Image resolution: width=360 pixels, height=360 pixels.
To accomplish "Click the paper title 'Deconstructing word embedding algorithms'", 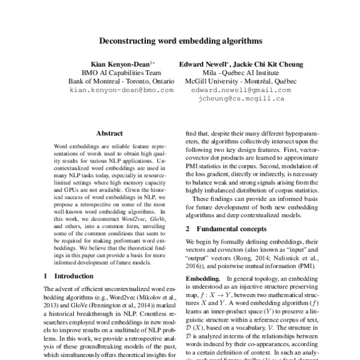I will [x=180, y=43].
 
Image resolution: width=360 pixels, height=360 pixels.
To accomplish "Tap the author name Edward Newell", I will [x=204, y=64].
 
